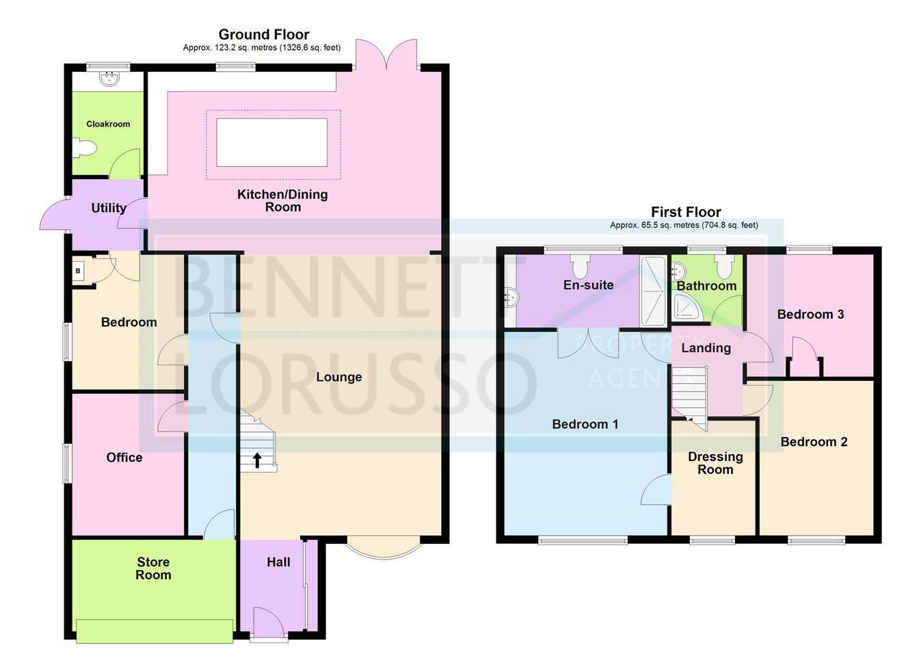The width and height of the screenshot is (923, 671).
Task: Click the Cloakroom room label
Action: tap(108, 124)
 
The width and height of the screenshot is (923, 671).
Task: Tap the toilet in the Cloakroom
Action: tap(84, 148)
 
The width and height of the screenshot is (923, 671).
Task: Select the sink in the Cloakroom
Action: tap(109, 78)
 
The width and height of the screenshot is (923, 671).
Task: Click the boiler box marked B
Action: tap(78, 271)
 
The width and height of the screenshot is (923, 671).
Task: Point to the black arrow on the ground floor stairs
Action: tap(258, 460)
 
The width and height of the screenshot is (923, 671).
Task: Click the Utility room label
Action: tap(109, 208)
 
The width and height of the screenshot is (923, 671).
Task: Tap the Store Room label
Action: tap(153, 568)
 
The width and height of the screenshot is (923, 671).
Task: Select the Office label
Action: tap(124, 458)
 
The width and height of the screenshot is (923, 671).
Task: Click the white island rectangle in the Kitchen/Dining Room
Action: tap(272, 142)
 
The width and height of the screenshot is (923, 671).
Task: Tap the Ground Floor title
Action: tap(264, 34)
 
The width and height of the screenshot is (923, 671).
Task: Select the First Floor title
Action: tap(686, 212)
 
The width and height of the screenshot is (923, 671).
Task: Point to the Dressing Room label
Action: tap(715, 463)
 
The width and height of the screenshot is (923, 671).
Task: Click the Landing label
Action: tap(706, 348)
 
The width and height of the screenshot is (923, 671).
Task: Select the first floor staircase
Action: tap(690, 397)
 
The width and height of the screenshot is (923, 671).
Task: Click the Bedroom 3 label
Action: tap(810, 315)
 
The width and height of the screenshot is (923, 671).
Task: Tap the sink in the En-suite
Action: tap(512, 297)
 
